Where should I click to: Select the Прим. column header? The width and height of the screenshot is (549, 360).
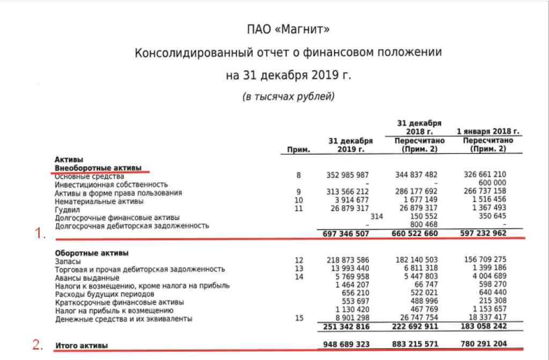tap(299, 150)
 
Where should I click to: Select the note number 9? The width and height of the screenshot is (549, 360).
tap(299, 192)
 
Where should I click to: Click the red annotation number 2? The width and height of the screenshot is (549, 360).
tap(38, 345)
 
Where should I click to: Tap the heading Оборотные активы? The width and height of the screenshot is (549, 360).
tap(92, 253)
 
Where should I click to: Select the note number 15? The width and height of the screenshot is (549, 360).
tap(299, 319)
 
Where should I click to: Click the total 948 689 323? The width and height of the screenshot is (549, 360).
tap(347, 343)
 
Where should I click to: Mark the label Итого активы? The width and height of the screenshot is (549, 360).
tap(81, 346)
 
